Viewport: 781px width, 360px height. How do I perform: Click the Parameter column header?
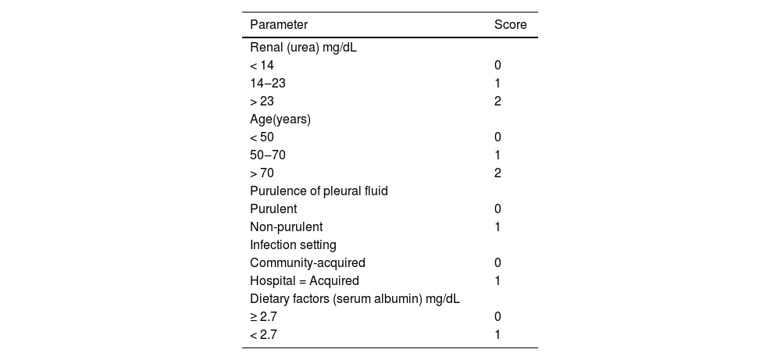[x=278, y=25]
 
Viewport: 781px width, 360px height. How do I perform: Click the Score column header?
[x=510, y=25]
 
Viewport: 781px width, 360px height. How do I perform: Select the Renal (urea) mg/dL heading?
[x=303, y=48]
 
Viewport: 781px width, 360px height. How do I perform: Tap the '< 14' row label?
[x=262, y=66]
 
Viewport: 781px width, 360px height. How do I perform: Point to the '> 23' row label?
[x=262, y=102]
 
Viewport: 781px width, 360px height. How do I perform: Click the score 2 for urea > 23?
[x=497, y=102]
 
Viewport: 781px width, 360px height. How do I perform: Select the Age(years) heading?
[x=280, y=119]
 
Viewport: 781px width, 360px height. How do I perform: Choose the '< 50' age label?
[x=262, y=137]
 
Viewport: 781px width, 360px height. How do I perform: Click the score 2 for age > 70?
[x=497, y=173]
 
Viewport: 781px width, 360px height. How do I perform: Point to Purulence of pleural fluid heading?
[x=319, y=191]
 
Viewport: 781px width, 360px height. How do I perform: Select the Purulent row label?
[x=273, y=209]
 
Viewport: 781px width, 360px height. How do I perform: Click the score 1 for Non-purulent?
[x=497, y=227]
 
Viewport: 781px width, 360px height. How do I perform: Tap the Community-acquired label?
[x=307, y=263]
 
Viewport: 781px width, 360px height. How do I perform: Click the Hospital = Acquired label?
[x=305, y=281]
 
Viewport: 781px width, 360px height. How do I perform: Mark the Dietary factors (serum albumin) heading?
[x=355, y=299]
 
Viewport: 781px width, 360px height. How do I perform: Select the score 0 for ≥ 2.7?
[x=497, y=317]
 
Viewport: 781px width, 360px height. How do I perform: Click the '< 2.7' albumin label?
[x=263, y=335]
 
